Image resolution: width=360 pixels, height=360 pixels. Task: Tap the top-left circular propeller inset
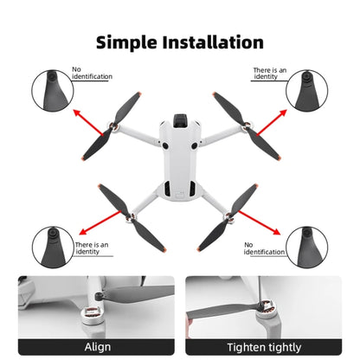tap(49, 88)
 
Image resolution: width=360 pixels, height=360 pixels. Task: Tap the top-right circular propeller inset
tap(309, 88)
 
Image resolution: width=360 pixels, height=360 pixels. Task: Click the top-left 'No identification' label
tap(91, 73)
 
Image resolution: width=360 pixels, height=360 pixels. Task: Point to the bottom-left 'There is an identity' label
tap(91, 248)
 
